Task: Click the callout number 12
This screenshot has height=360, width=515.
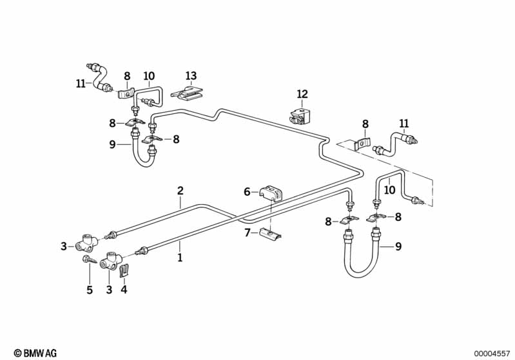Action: click(x=302, y=94)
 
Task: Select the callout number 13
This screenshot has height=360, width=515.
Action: click(x=191, y=76)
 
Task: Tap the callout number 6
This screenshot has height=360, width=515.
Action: click(x=247, y=192)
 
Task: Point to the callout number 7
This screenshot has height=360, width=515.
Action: click(x=248, y=233)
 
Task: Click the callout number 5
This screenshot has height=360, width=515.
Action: click(x=90, y=290)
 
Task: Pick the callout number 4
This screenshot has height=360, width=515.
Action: click(x=124, y=289)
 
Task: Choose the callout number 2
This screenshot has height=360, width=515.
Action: click(x=180, y=191)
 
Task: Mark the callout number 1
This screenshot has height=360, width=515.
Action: click(x=180, y=258)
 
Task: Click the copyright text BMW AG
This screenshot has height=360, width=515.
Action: click(x=35, y=353)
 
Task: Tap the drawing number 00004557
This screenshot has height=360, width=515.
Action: click(x=492, y=354)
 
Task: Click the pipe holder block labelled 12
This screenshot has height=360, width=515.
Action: click(x=300, y=117)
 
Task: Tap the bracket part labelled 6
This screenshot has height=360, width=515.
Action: click(x=272, y=193)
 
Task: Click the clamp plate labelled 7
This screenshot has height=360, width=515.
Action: click(x=269, y=233)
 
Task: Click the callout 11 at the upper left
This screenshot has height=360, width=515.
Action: click(x=81, y=83)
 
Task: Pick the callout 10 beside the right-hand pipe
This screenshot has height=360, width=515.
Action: click(x=389, y=190)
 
